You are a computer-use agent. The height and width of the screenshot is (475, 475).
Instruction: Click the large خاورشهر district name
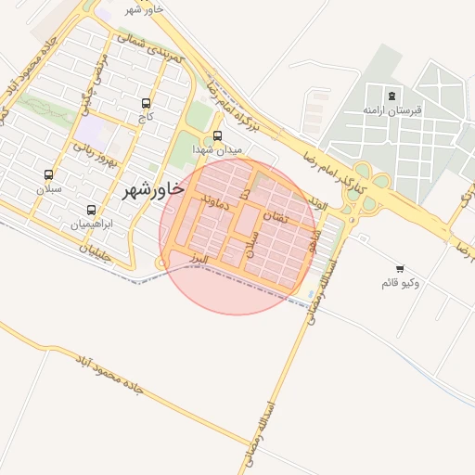click(154, 189)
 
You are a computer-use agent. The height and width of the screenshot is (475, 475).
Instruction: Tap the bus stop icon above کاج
click(146, 103)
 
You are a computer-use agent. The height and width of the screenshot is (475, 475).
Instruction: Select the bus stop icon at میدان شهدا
click(218, 135)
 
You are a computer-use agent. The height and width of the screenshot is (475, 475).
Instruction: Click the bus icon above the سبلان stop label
click(48, 174)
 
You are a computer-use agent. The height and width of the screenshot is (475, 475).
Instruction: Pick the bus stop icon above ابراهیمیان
click(91, 210)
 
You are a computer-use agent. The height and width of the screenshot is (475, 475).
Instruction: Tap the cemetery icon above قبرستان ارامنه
click(392, 95)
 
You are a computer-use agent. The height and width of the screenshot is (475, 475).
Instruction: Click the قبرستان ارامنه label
click(392, 110)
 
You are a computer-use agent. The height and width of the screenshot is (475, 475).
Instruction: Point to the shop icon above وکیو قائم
click(400, 268)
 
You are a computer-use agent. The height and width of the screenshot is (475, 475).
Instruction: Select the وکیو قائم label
click(400, 282)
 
